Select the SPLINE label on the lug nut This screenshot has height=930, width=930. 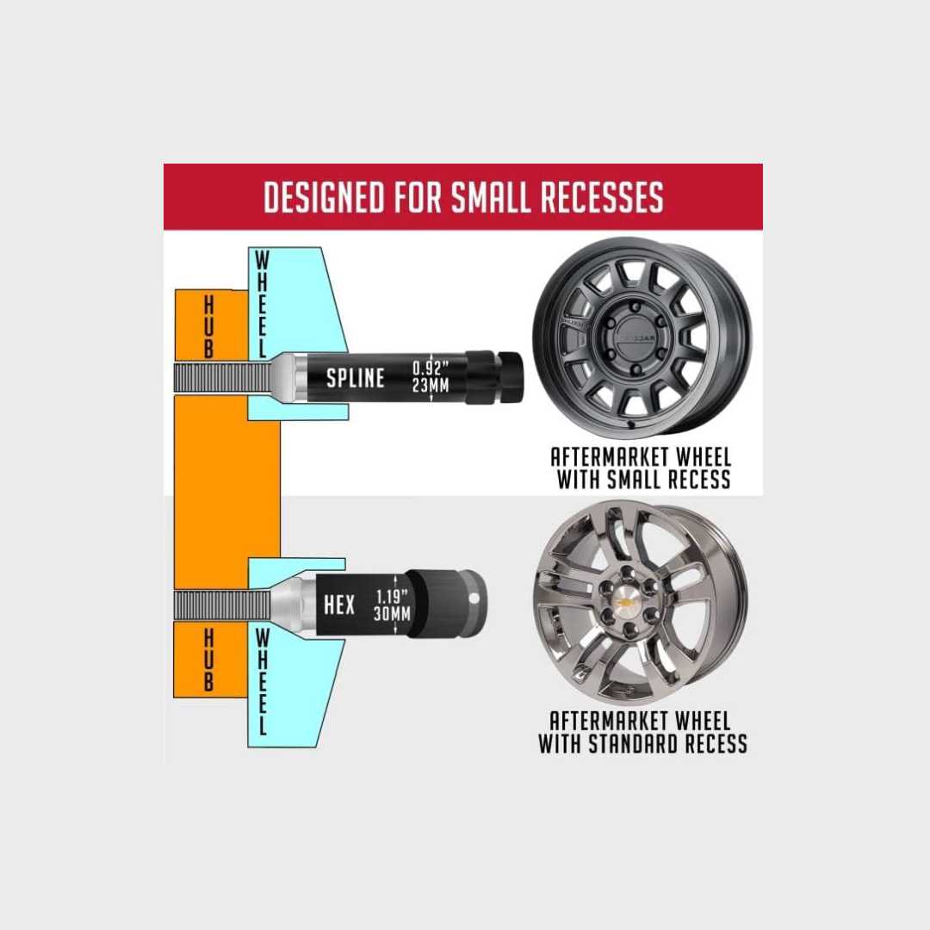[x=356, y=378]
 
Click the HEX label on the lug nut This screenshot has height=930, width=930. [x=339, y=605]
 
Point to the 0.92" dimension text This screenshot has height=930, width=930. [x=431, y=368]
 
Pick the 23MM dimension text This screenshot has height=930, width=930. [x=431, y=386]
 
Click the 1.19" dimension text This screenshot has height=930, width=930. [x=392, y=596]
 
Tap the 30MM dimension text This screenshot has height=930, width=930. [x=392, y=614]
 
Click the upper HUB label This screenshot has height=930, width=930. [x=208, y=327]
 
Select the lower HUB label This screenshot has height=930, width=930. [x=208, y=660]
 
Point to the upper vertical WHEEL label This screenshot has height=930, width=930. [x=262, y=304]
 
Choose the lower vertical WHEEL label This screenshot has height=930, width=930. [x=262, y=682]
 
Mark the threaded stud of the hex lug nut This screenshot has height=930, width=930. [x=222, y=606]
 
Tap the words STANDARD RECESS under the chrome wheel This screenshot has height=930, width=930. [x=667, y=743]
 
